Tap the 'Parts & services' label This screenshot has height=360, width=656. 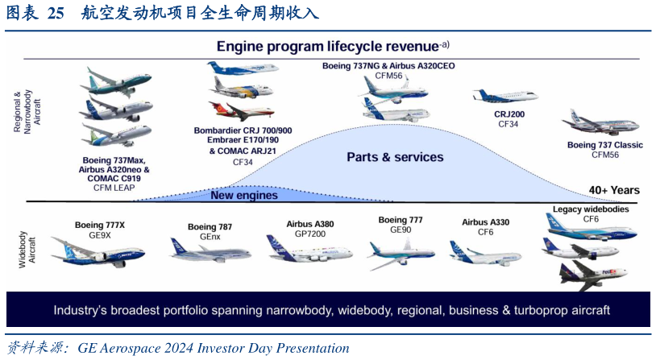pos(395,157)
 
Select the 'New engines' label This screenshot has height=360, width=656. pos(244,195)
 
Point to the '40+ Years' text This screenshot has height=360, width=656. pos(613,190)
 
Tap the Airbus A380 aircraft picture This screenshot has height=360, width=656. pos(309,249)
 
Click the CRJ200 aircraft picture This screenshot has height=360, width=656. pos(505,96)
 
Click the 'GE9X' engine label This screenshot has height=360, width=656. pos(100,235)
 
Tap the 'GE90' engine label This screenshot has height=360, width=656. pos(401,229)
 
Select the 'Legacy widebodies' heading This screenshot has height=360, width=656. pos(591,209)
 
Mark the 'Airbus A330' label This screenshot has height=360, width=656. pos(486,221)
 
